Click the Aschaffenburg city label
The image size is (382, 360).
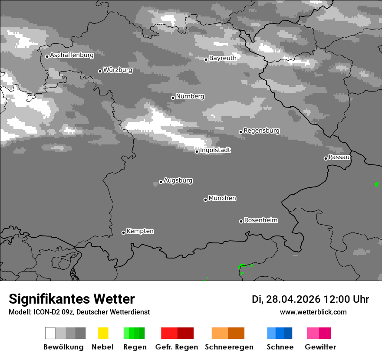point(72,55)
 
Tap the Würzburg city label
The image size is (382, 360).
point(118,70)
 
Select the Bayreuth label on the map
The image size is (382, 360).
point(223,58)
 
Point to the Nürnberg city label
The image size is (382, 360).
point(190,96)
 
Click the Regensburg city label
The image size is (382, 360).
point(261,131)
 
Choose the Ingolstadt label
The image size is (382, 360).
point(215,150)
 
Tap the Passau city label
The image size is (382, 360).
point(339,157)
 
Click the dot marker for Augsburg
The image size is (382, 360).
point(161,182)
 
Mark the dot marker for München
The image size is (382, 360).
point(205,200)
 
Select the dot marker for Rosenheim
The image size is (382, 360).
point(241,221)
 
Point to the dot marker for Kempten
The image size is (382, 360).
point(123,232)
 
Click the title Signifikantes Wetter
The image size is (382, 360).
point(72,299)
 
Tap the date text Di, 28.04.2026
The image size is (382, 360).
point(286,299)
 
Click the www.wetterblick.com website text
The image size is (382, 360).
point(313,312)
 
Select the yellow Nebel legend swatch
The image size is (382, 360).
point(103,333)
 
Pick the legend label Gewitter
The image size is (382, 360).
point(320,347)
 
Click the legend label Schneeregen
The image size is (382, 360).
point(229,347)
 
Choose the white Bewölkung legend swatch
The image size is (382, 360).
point(50,333)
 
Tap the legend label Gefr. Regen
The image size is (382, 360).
point(176,347)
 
